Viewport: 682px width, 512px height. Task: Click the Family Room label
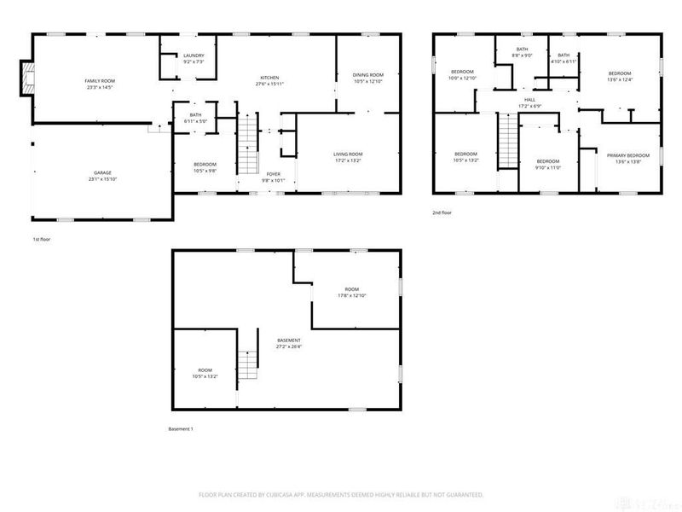pyautogui.click(x=100, y=79)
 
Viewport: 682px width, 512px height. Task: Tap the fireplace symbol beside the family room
pyautogui.click(x=28, y=79)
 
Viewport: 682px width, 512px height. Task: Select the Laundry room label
pyautogui.click(x=194, y=56)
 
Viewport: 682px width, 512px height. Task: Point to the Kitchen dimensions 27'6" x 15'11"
pyautogui.click(x=269, y=84)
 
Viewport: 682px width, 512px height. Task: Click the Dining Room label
pyautogui.click(x=368, y=76)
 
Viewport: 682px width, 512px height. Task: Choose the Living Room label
pyautogui.click(x=348, y=154)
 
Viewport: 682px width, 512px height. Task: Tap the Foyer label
pyautogui.click(x=273, y=174)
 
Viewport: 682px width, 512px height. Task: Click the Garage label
pyautogui.click(x=102, y=172)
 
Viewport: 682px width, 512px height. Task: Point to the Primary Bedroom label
pyautogui.click(x=628, y=155)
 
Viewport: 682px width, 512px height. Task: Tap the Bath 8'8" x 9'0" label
pyautogui.click(x=521, y=51)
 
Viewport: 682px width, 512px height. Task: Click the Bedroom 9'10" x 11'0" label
pyautogui.click(x=546, y=161)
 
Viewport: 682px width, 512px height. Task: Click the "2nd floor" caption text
pyautogui.click(x=442, y=212)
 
